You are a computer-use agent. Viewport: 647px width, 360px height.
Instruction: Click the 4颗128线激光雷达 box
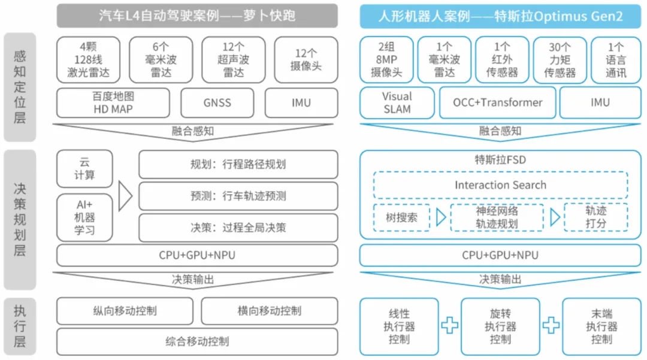(x=89, y=59)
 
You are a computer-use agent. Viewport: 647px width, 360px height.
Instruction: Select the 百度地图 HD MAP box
(x=113, y=102)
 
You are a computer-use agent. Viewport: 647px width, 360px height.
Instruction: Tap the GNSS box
(x=217, y=102)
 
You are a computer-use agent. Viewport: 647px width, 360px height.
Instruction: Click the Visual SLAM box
(x=397, y=102)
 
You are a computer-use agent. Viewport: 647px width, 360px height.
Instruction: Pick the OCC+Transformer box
(x=498, y=102)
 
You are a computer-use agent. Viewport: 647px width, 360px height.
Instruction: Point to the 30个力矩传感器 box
(x=560, y=59)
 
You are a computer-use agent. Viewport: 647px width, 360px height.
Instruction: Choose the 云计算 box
(x=84, y=168)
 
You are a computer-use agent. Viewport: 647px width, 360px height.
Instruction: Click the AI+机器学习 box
(x=84, y=217)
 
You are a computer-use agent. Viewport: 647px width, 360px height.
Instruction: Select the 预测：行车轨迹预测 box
(x=238, y=196)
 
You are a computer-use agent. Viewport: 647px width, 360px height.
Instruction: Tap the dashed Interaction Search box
(x=500, y=185)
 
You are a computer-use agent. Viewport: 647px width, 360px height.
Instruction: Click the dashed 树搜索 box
(x=401, y=217)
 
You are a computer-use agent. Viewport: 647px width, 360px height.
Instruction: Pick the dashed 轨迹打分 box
(x=595, y=217)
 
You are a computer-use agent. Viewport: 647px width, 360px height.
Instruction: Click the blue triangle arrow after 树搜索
(x=441, y=217)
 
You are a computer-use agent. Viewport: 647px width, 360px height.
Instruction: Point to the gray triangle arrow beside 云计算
(x=125, y=196)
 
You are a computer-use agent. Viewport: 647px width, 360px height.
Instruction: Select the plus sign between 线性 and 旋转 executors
(x=450, y=325)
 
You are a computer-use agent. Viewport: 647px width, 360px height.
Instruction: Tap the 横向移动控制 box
(x=269, y=311)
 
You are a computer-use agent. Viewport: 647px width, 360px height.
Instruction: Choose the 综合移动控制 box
(x=197, y=341)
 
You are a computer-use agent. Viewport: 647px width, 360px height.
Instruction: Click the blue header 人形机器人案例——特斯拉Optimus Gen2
(x=500, y=16)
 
